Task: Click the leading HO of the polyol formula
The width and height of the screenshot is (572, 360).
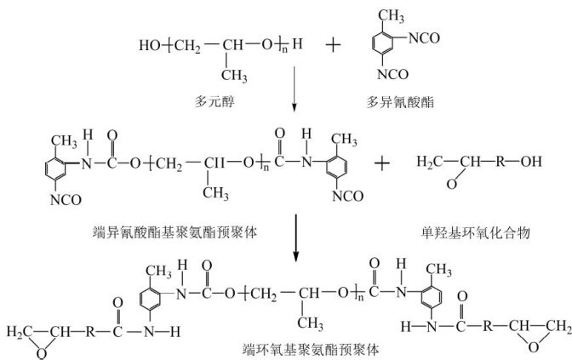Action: point(150,43)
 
